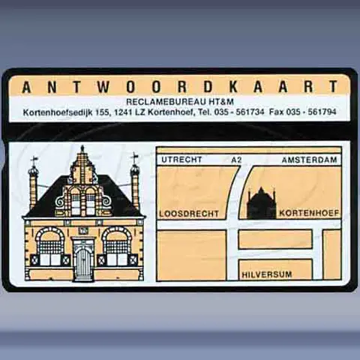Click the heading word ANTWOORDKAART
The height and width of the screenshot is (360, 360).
point(180,87)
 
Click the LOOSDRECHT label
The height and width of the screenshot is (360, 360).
point(189,214)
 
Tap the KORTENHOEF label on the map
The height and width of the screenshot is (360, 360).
point(309,214)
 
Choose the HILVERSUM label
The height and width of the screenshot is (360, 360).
point(267,275)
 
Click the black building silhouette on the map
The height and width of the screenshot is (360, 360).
point(261,203)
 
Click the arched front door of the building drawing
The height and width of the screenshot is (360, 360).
point(83,262)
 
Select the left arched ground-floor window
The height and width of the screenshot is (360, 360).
point(49,247)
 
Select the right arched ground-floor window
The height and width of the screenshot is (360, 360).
point(117,247)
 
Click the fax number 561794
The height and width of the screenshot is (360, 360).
point(321,112)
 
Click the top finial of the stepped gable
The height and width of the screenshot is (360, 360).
point(82,149)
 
